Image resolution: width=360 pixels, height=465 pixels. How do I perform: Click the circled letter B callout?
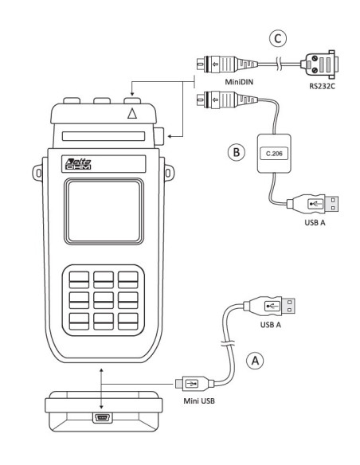[235, 151]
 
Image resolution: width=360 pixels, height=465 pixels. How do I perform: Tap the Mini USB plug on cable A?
[192, 384]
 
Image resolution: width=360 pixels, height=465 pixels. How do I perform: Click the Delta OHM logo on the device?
[79, 164]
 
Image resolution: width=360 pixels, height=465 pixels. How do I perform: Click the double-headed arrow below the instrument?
[101, 382]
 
